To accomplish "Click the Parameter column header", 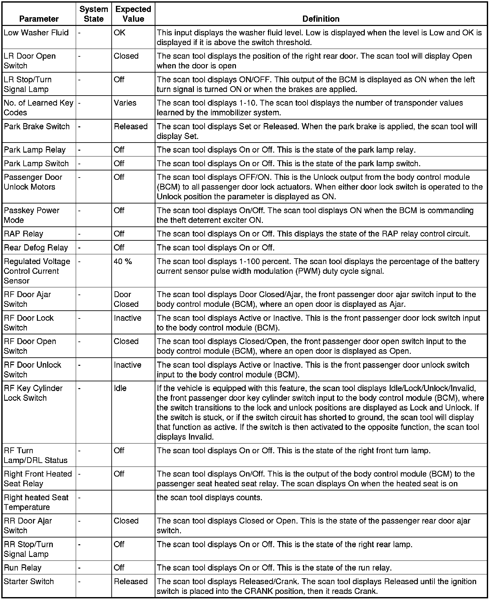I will tap(39, 19).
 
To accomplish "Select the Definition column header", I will tap(321, 19).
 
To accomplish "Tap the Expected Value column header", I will tap(133, 14).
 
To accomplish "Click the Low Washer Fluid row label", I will tap(36, 33).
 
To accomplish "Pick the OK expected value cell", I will tap(119, 33).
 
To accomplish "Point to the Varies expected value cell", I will tap(125, 103).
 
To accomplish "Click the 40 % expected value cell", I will tap(123, 261).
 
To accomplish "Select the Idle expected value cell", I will tap(120, 388).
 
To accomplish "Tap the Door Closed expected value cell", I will tap(126, 299).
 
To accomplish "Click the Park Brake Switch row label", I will tap(37, 126).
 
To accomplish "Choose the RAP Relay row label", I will tap(23, 234).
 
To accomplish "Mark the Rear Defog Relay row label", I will tap(36, 248).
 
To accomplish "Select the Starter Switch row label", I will tap(29, 582).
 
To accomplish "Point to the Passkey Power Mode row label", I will tap(31, 215).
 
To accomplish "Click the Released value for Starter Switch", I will tap(130, 582).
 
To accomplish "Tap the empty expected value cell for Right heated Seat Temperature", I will tap(133, 502).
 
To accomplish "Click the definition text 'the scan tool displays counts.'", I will tap(209, 497).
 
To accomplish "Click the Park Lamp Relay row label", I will tap(35, 150).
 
